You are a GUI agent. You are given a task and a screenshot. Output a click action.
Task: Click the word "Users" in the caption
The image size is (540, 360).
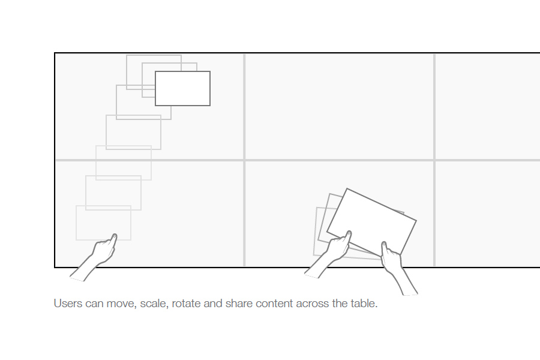(68, 304)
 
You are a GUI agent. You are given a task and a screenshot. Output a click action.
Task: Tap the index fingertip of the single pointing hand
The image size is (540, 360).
(115, 236)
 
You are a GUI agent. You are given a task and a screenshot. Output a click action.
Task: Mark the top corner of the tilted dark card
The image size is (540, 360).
(347, 188)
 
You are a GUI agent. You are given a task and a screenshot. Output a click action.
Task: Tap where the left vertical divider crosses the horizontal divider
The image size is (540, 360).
(245, 160)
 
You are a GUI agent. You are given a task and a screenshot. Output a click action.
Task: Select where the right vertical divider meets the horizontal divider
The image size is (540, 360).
(434, 160)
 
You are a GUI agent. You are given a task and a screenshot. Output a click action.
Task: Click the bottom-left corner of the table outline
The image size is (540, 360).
(55, 268)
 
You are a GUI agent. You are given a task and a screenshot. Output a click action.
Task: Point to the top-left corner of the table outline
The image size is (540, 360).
(55, 53)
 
